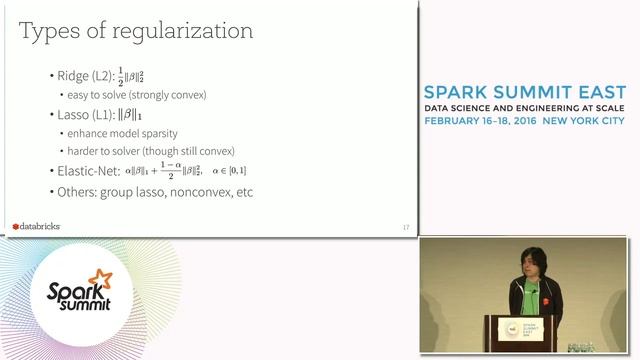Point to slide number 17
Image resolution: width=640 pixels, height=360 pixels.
pyautogui.click(x=405, y=228)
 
